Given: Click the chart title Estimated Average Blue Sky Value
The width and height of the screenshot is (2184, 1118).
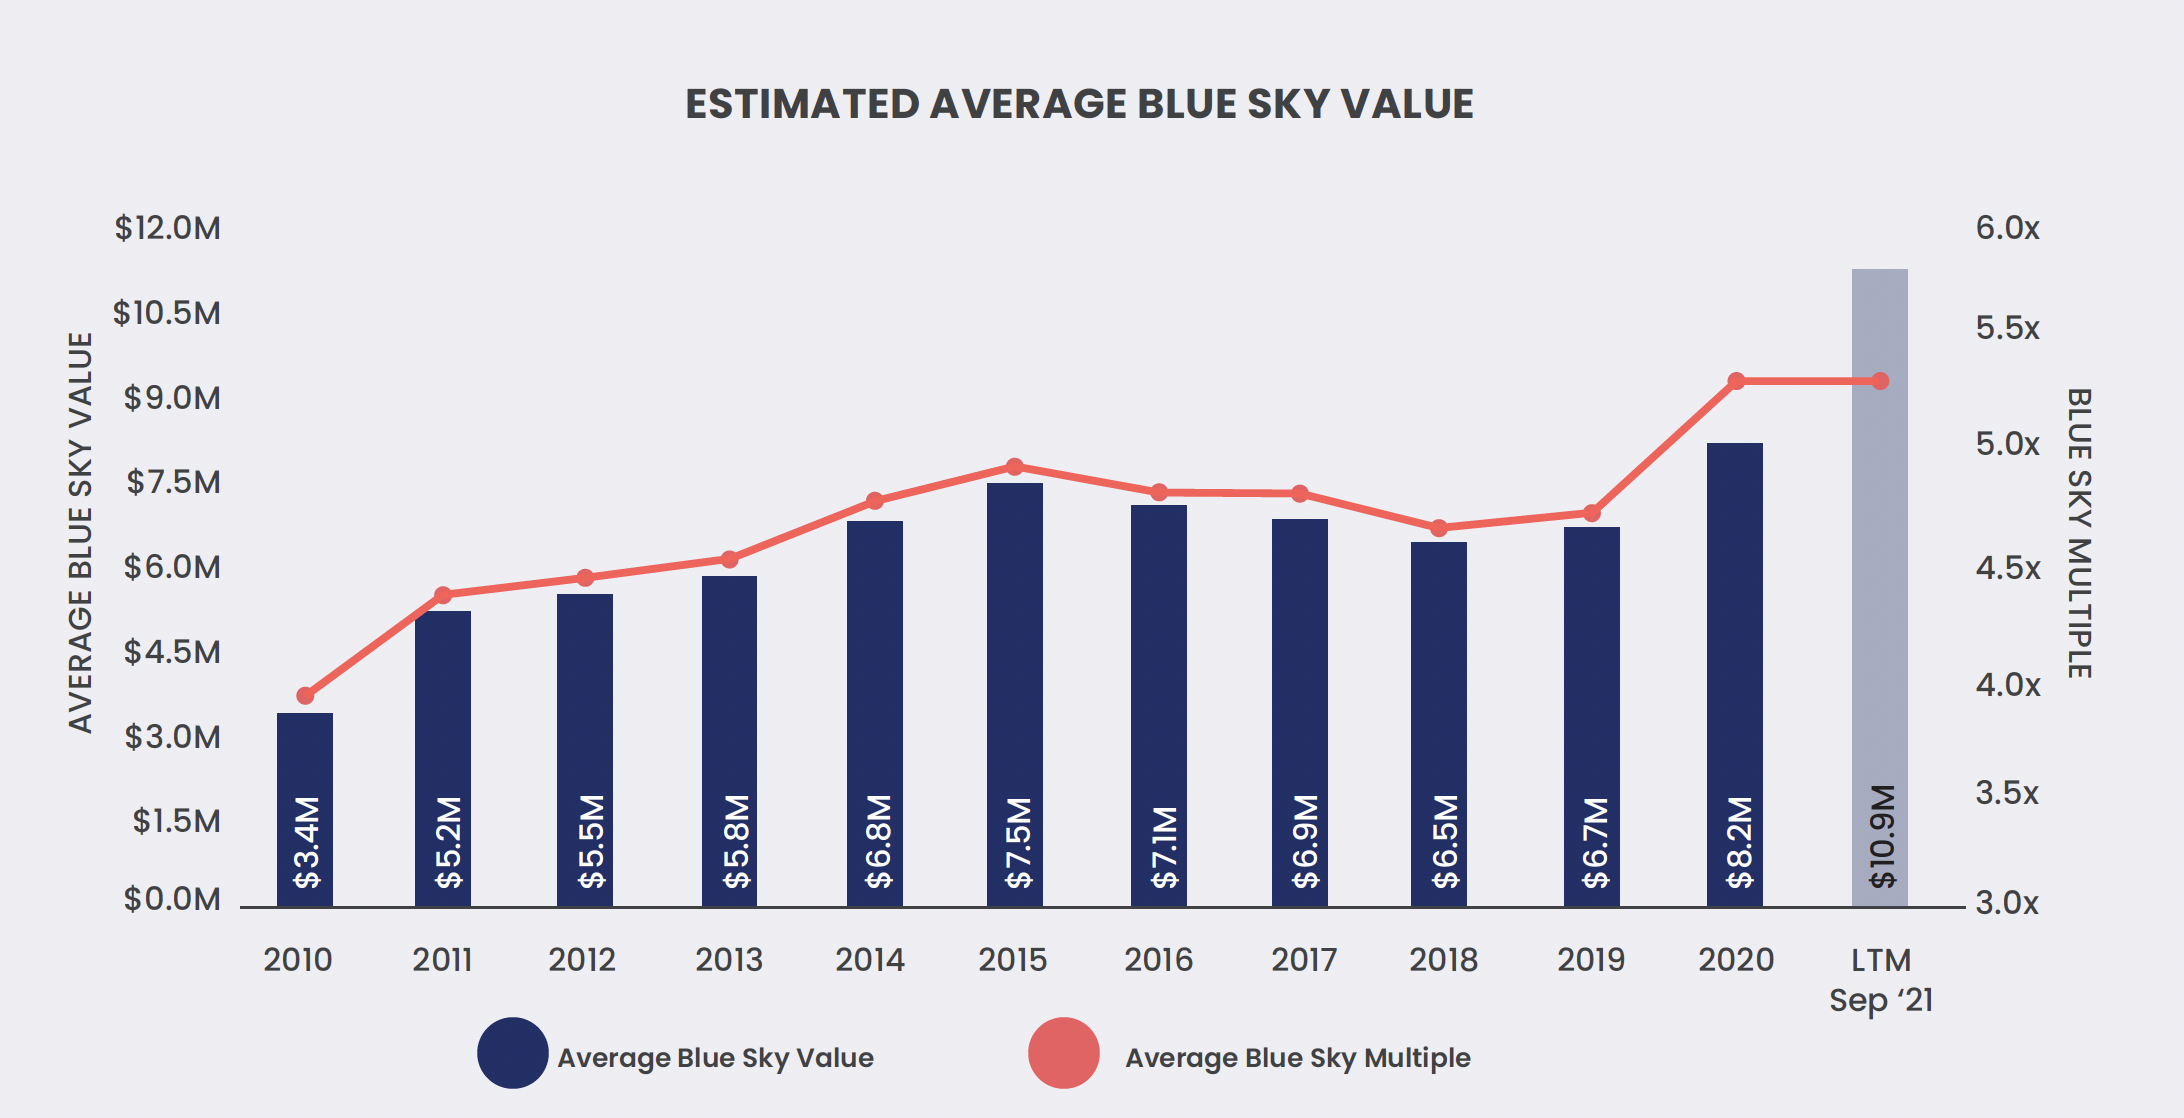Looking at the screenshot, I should click(x=1079, y=104).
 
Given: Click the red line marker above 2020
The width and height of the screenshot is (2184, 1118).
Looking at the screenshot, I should click(x=1736, y=381).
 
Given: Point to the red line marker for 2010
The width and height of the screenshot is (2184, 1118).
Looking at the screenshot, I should click(x=306, y=696).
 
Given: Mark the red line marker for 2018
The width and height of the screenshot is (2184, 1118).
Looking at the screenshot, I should click(x=1439, y=528).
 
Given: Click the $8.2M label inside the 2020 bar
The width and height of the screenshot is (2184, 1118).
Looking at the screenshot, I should click(x=1740, y=842).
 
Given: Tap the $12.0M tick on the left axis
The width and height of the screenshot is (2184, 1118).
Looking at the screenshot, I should click(x=167, y=228).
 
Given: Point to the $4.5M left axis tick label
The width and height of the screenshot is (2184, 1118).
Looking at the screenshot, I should click(x=171, y=652).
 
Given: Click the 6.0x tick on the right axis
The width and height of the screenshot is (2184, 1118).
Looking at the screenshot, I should click(x=2007, y=228).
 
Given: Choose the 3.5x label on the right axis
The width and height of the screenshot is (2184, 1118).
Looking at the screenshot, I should click(x=2007, y=793).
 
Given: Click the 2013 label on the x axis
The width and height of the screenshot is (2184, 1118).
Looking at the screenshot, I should click(x=729, y=960).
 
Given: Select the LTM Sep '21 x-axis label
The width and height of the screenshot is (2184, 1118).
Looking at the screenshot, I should click(x=1881, y=980).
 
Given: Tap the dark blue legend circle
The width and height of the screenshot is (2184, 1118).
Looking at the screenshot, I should click(x=512, y=1053).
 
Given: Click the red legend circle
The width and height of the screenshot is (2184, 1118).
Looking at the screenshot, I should click(x=1064, y=1053).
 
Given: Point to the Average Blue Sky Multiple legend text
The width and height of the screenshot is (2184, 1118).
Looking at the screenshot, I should click(x=1297, y=1058).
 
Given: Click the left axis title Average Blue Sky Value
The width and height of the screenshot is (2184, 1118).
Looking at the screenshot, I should click(x=80, y=532).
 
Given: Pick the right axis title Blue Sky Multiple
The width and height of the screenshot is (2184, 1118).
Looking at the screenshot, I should click(x=2079, y=533).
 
